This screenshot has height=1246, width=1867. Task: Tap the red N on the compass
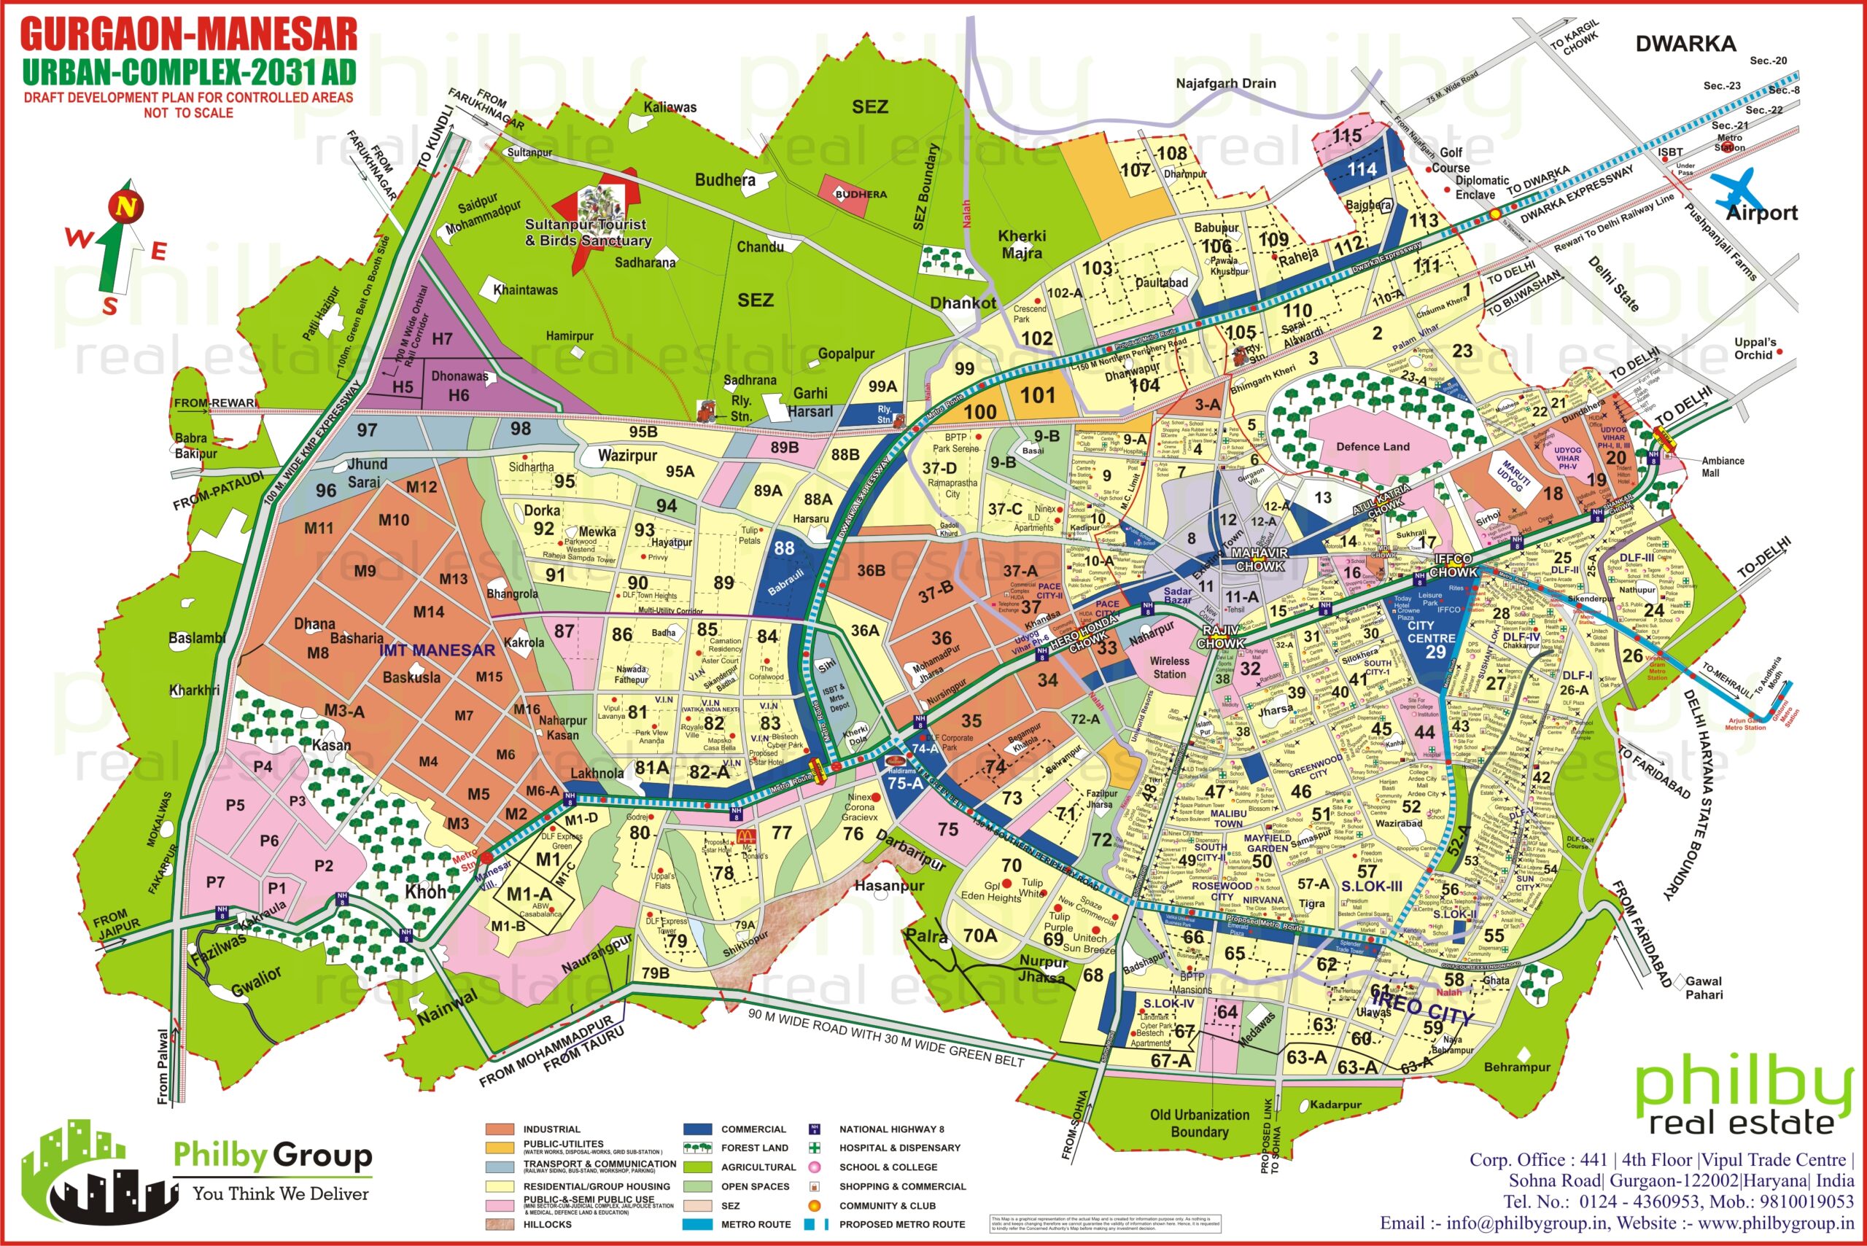[x=125, y=207]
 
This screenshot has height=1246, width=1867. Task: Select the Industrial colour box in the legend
[x=500, y=1129]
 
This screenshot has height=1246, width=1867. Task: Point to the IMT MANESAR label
[x=436, y=651]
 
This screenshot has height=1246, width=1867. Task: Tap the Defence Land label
[x=1373, y=447]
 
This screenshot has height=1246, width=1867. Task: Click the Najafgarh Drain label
[x=1226, y=83]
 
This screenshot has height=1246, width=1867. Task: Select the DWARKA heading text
[x=1685, y=44]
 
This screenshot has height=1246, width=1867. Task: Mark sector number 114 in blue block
[x=1362, y=169]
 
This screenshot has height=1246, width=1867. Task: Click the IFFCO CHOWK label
[x=1452, y=566]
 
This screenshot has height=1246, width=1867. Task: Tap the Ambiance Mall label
[x=1722, y=467]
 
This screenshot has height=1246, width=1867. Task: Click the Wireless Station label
[x=1169, y=668]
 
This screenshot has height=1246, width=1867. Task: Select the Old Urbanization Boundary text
[x=1200, y=1123]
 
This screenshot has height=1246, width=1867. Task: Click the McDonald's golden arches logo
[x=745, y=837]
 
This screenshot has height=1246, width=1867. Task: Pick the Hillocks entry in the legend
[x=547, y=1225]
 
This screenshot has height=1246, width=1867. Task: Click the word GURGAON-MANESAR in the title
[x=188, y=35]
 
